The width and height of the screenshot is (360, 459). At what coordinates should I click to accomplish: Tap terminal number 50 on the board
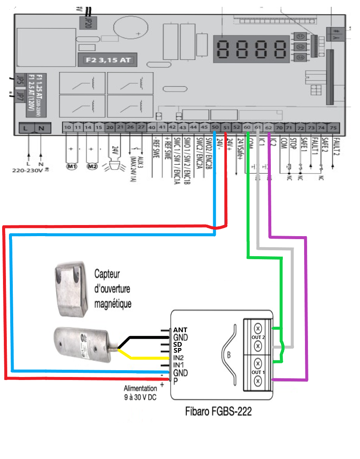(x=215, y=127)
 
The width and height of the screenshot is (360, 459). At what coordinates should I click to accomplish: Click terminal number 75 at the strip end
(x=333, y=127)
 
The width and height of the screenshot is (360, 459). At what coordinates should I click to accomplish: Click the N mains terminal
(x=41, y=128)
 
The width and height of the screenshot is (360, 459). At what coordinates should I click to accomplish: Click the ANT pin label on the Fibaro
(x=180, y=330)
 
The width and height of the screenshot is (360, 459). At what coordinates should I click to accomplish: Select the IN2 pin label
(x=179, y=358)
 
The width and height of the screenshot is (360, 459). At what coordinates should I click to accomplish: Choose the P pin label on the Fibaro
(x=175, y=380)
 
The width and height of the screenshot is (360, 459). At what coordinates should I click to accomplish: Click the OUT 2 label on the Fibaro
(x=258, y=338)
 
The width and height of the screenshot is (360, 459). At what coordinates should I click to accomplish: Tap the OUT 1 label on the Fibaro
(x=258, y=372)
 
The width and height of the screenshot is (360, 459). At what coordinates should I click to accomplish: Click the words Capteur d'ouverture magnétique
(x=113, y=289)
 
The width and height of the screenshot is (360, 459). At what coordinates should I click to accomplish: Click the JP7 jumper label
(x=20, y=94)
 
